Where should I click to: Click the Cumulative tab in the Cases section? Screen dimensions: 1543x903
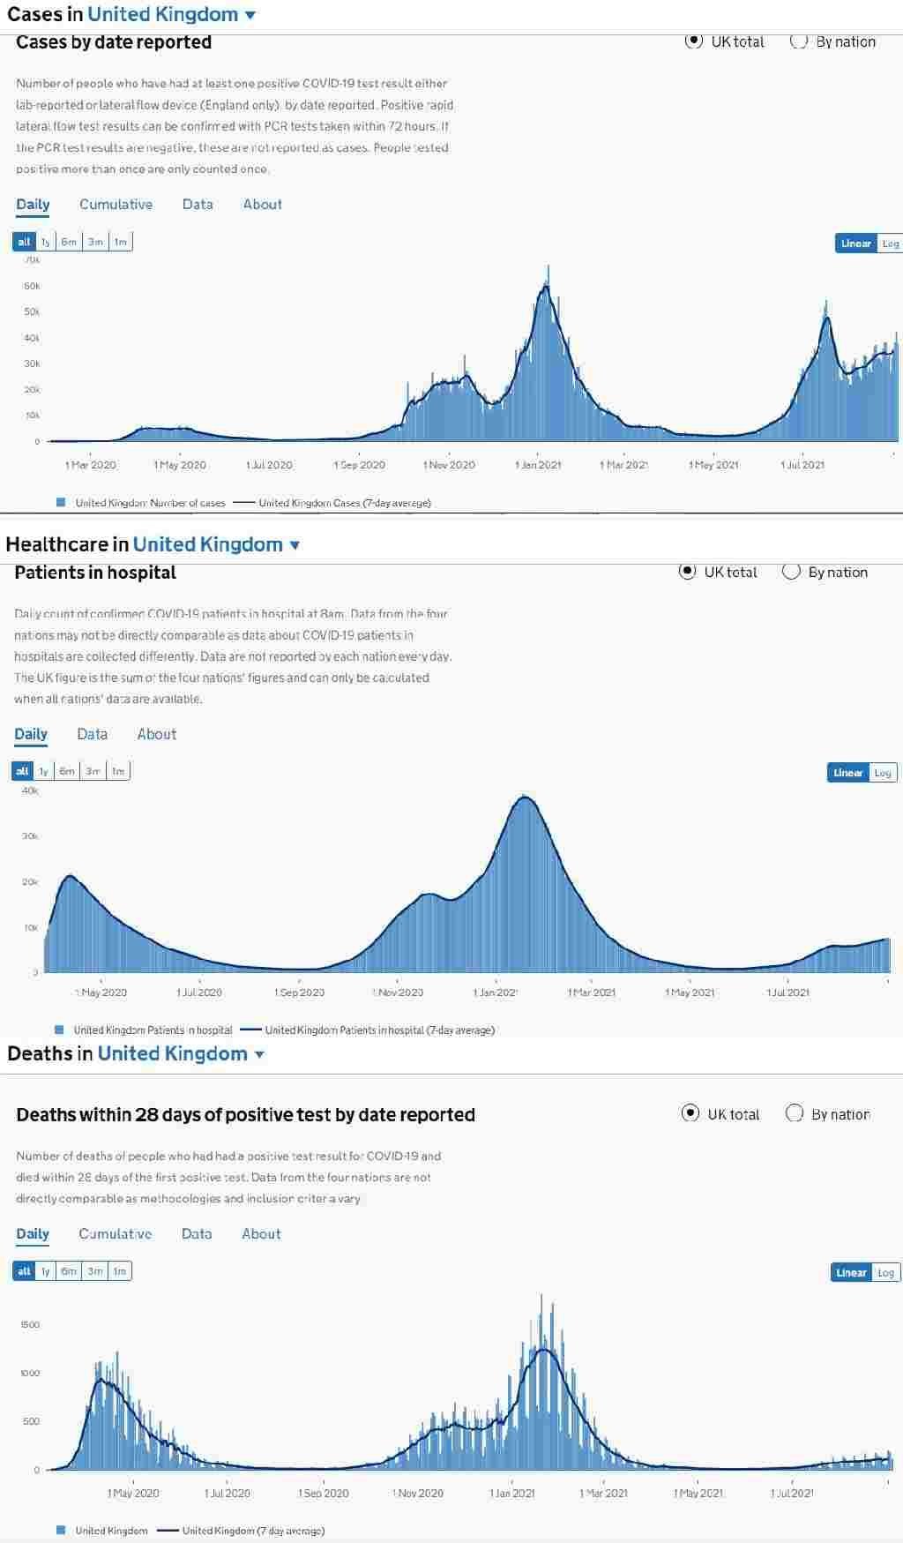click(x=116, y=205)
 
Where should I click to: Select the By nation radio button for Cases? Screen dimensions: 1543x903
click(x=799, y=41)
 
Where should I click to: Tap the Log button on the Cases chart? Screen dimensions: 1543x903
click(x=890, y=243)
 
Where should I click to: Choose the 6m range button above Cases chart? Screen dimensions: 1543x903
click(x=69, y=242)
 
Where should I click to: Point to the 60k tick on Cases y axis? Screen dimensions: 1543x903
click(x=32, y=286)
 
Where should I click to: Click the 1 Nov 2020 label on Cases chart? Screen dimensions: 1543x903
click(x=449, y=465)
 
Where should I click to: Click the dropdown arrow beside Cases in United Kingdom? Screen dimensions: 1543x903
click(x=250, y=15)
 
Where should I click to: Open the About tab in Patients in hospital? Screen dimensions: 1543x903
click(x=156, y=734)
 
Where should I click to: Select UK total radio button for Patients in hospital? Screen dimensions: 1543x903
click(x=688, y=572)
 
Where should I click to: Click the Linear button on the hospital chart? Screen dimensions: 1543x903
click(x=847, y=773)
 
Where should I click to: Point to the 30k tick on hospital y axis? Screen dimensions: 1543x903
click(x=30, y=836)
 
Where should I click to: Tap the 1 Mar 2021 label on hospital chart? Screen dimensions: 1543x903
click(x=592, y=992)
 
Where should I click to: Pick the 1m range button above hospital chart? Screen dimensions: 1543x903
click(x=117, y=771)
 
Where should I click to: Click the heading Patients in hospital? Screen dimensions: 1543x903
click(x=95, y=573)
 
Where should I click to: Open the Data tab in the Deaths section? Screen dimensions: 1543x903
click(x=196, y=1234)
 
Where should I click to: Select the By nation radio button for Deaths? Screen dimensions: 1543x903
click(x=795, y=1113)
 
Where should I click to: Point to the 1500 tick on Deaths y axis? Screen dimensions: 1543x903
click(x=30, y=1325)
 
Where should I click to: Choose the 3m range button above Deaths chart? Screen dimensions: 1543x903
click(x=95, y=1271)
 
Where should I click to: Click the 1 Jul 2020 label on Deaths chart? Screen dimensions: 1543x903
click(x=228, y=1494)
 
